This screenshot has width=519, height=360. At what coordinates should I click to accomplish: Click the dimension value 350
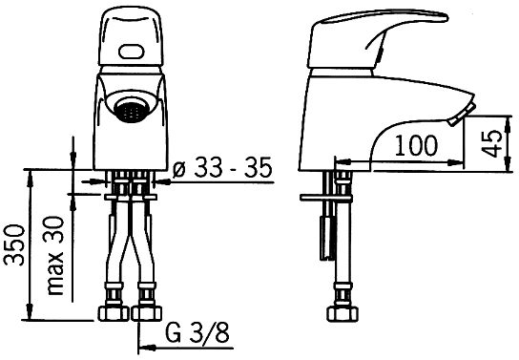tap(14, 245)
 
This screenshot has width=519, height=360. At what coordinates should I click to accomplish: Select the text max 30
tap(55, 256)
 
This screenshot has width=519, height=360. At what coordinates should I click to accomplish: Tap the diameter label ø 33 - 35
tap(222, 167)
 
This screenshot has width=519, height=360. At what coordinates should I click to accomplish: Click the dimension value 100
tap(416, 145)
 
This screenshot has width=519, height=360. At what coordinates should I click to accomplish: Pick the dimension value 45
tap(491, 143)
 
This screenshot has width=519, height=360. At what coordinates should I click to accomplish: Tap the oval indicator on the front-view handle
tap(132, 52)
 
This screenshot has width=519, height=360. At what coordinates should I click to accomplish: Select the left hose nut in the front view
tap(114, 313)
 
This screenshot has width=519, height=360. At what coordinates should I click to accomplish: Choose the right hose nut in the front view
tap(146, 313)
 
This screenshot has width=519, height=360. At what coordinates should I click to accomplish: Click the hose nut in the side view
tap(343, 313)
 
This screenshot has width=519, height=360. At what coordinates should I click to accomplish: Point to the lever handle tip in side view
tap(446, 17)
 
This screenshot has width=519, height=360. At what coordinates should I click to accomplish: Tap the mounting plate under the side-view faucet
tap(326, 198)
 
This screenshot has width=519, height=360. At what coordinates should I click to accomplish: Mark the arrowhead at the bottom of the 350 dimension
tap(31, 312)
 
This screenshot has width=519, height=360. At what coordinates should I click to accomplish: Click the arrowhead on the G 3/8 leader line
tap(147, 348)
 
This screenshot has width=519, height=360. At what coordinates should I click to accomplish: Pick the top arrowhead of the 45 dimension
tap(508, 123)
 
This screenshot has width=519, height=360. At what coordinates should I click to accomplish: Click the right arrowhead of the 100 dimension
tap(455, 162)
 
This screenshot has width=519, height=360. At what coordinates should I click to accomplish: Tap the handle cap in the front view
tap(131, 37)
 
